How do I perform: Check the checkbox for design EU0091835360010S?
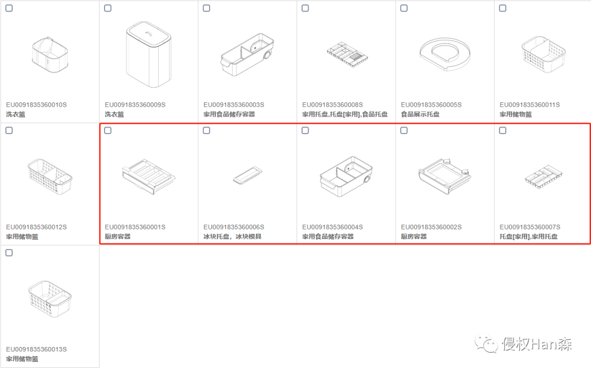click(x=9, y=8)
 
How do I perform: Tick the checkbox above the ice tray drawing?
click(x=206, y=130)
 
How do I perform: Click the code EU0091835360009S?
click(x=135, y=105)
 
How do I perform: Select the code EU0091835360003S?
click(x=234, y=105)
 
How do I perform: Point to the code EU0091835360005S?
click(x=431, y=105)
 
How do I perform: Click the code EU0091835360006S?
click(x=234, y=227)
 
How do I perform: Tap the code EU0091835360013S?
click(x=36, y=349)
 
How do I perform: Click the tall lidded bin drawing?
click(x=148, y=54)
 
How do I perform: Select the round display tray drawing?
click(x=445, y=53)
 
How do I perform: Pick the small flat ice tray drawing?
click(x=248, y=175)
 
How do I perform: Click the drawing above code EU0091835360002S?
click(x=445, y=176)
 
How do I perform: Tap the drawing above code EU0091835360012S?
click(x=50, y=176)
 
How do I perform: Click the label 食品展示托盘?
click(x=420, y=114)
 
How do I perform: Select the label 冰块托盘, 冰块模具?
click(x=233, y=236)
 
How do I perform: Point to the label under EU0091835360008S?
click(x=345, y=114)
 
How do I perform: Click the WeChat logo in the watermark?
click(x=486, y=344)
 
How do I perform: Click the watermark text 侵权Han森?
click(x=537, y=344)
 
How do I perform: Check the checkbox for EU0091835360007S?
click(x=503, y=130)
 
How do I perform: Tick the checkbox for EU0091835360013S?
click(x=9, y=253)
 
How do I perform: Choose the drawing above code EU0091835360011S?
click(x=543, y=54)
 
